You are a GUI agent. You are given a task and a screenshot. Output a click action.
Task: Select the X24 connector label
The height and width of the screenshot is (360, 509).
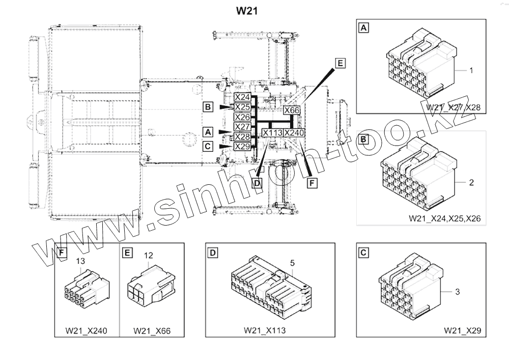(x=242, y=97)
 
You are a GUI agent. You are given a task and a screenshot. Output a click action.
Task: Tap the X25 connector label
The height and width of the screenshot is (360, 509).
(x=242, y=107)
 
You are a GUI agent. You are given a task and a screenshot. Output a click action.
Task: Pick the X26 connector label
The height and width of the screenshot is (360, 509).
(x=242, y=117)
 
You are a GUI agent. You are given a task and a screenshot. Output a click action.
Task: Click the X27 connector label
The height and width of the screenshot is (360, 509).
(x=242, y=127)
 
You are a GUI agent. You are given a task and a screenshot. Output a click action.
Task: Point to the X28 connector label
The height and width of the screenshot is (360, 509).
(x=242, y=136)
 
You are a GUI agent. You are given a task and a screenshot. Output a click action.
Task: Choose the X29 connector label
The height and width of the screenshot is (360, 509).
(x=242, y=146)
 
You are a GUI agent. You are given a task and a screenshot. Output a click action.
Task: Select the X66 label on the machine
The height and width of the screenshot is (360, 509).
(x=292, y=110)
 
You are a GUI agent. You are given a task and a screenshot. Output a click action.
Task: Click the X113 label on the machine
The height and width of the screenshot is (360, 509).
(x=272, y=133)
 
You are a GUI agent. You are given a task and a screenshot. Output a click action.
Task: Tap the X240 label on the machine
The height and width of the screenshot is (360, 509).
(x=294, y=133)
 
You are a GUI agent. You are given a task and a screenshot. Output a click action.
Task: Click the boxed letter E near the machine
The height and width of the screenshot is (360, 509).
(x=340, y=63)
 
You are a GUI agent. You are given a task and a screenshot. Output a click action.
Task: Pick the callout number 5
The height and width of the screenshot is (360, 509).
(x=293, y=263)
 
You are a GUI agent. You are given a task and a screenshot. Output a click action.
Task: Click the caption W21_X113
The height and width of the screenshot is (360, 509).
(x=264, y=330)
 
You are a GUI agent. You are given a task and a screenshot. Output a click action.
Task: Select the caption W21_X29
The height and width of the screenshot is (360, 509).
(x=462, y=330)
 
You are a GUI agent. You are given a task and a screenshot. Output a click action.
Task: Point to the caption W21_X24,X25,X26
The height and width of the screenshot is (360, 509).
(x=444, y=218)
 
